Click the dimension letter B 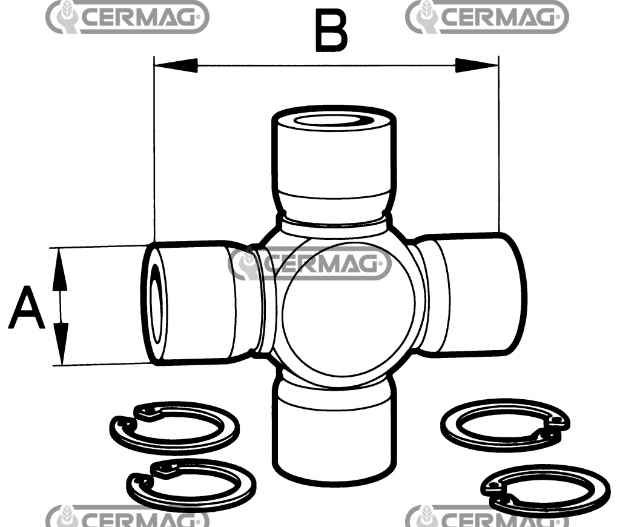click(x=331, y=31)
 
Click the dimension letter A click(x=27, y=308)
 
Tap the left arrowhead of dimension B click(x=176, y=65)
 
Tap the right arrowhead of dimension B click(x=477, y=65)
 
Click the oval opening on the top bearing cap click(x=333, y=121)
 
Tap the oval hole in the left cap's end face click(x=157, y=304)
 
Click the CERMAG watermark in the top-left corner click(x=127, y=17)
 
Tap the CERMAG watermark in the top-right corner click(x=487, y=17)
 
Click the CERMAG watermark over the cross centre click(x=309, y=263)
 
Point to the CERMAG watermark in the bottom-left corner click(x=127, y=516)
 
